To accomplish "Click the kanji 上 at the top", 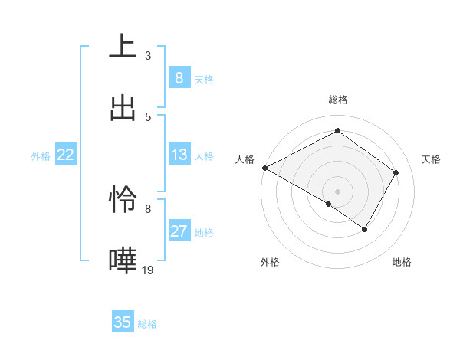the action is coord(123,47).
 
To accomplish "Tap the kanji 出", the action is coord(123,108).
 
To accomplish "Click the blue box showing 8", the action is coord(179,78).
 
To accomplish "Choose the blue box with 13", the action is coord(179,155).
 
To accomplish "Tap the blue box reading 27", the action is coord(179,231).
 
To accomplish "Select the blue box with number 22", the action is coord(66,155).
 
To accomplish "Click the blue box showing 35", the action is coord(123,322).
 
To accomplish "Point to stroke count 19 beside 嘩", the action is coord(148,270).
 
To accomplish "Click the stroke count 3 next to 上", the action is coord(148,55).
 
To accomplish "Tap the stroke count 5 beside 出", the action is coord(148,116).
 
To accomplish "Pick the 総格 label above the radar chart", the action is coord(338,100).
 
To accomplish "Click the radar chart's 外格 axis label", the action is coord(270,263).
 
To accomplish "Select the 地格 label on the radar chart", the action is coord(402,263).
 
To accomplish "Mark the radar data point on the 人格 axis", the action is coord(264,168).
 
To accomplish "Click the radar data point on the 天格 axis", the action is coord(396,172).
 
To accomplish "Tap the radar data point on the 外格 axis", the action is coord(329,204).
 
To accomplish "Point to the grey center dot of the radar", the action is coord(338,191).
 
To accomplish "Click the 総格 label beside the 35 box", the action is coord(148,324).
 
